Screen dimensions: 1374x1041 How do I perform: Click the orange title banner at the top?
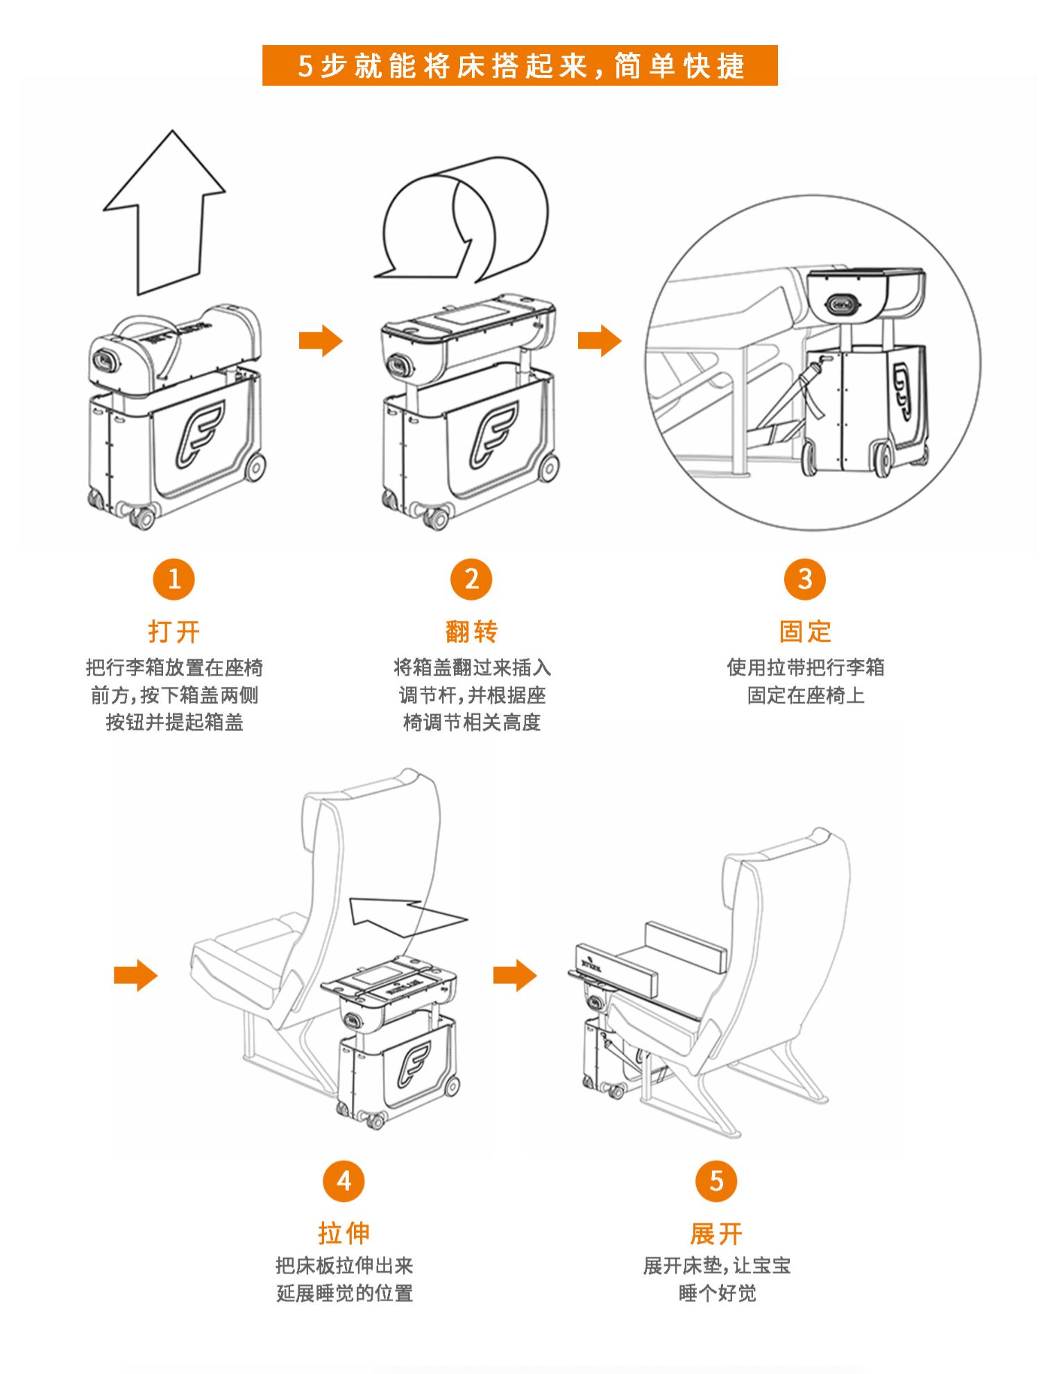coord(520,66)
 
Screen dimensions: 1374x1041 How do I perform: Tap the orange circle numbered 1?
coord(173,579)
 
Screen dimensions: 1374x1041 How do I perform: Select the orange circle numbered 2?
coord(471,579)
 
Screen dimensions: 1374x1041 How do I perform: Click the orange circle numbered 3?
coord(805,579)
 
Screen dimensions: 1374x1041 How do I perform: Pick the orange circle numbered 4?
coord(344,1181)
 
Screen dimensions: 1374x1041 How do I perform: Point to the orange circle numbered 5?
coord(716,1181)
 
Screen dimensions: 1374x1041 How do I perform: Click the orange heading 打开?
coord(173,632)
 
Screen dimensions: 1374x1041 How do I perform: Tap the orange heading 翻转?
coord(471,632)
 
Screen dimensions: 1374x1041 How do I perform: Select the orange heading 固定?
coord(805,632)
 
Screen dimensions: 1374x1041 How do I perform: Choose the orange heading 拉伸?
coord(344,1234)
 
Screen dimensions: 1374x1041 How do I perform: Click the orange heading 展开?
coord(716,1234)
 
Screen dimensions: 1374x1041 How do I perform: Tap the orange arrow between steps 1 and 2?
coord(321,341)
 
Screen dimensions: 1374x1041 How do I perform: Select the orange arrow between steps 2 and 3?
coord(600,341)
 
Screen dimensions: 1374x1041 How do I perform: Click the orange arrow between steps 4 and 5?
coord(515,975)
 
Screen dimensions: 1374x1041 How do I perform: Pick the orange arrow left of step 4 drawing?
coord(135,975)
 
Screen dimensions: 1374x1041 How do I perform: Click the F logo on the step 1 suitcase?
coord(200,434)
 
